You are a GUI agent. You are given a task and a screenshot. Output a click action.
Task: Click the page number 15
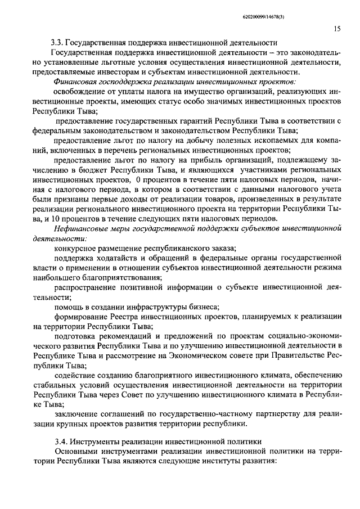tap(336, 28)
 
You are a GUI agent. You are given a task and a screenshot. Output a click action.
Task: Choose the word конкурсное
tap(77, 248)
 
